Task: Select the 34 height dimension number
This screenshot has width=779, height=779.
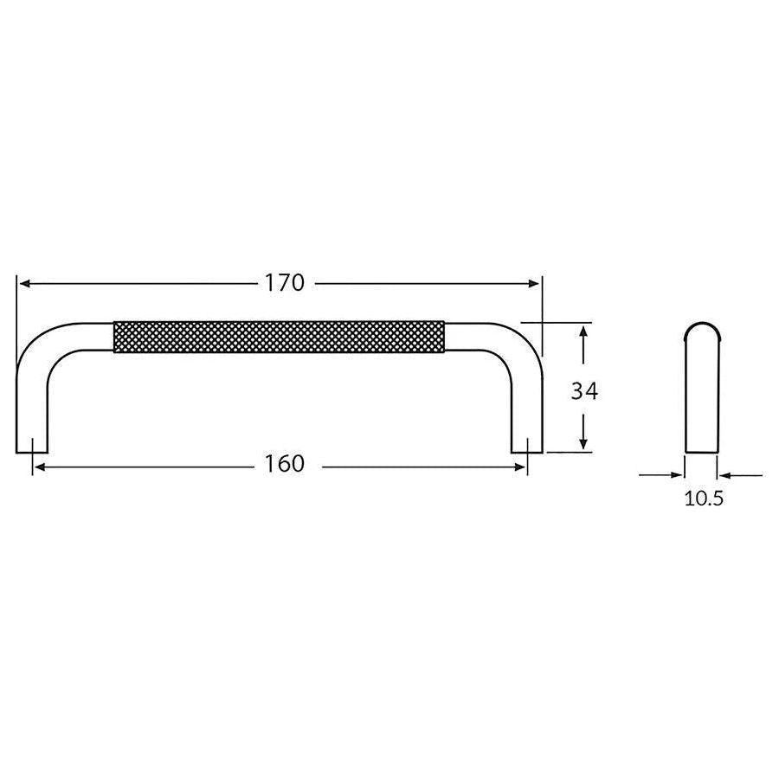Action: pos(584,391)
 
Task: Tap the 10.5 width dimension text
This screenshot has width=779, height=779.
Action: pos(703,499)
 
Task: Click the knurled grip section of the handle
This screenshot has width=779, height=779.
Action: pos(280,337)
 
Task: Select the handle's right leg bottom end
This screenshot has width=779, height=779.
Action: pos(526,449)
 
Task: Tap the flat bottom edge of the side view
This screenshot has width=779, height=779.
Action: pos(701,451)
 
